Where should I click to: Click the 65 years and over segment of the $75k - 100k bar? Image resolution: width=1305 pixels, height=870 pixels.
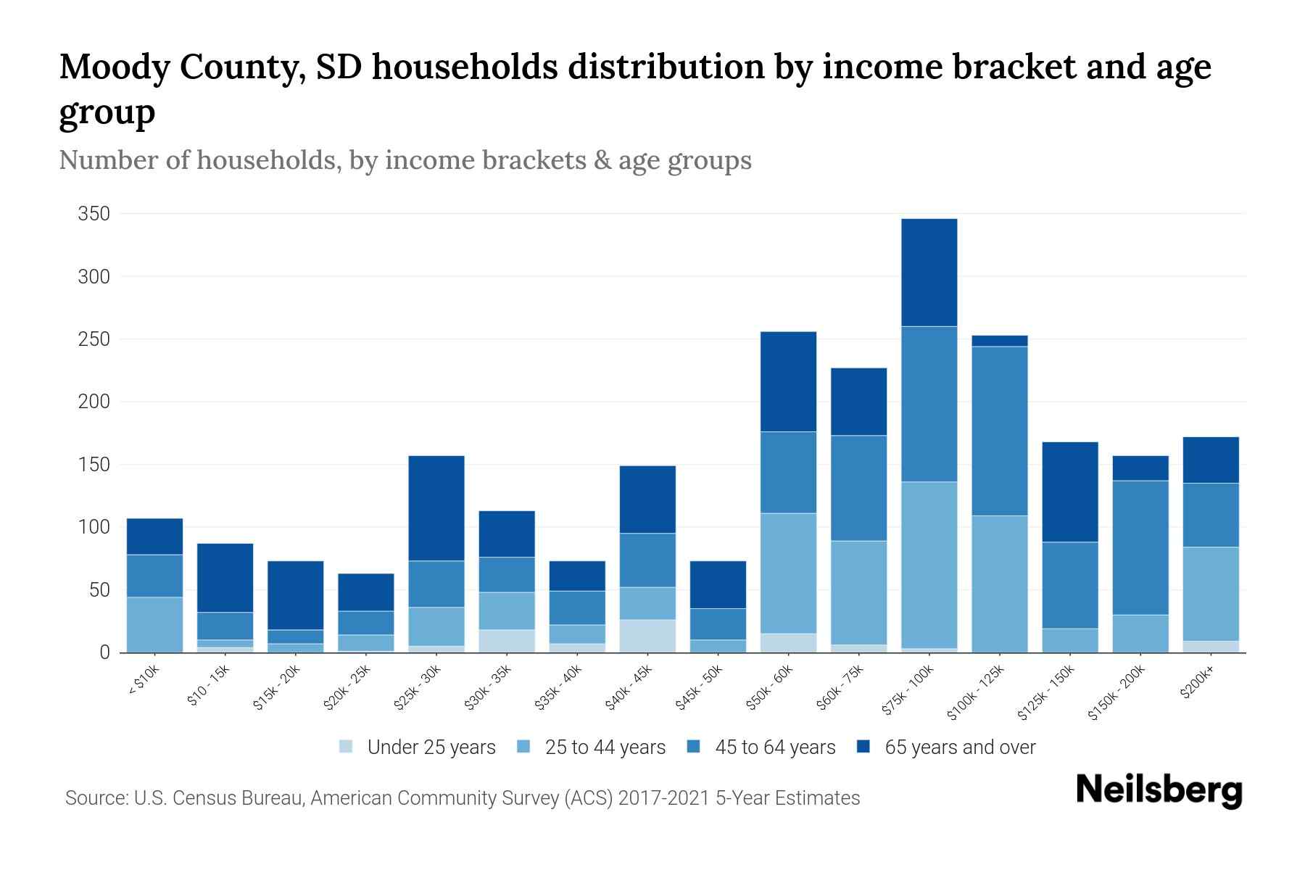tap(929, 273)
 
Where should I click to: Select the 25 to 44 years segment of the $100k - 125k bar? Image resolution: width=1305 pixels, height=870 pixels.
tap(999, 584)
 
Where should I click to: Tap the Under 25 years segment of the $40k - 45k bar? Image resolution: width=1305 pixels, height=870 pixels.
tap(647, 636)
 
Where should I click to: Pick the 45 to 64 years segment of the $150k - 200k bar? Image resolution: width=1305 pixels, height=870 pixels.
tap(1140, 547)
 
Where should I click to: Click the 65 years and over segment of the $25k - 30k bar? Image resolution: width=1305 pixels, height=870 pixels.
tap(436, 508)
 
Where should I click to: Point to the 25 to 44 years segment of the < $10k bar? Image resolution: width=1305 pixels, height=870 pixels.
tap(154, 624)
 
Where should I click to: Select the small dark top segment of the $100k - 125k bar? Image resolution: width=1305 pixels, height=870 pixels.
tap(999, 341)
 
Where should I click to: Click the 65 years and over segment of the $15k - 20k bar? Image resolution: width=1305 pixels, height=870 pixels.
tap(295, 595)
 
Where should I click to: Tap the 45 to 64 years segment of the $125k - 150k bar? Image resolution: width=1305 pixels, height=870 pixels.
tap(1069, 585)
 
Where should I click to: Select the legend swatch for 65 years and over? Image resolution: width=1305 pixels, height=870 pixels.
tap(863, 747)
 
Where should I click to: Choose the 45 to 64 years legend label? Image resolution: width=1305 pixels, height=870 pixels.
tap(775, 747)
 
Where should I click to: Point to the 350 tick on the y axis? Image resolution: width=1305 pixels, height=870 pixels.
tap(94, 214)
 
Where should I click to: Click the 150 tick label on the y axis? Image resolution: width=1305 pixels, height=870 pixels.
tap(94, 465)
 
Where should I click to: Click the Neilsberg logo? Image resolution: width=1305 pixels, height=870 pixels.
tap(1159, 791)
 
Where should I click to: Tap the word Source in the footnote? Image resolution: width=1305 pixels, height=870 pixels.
tap(95, 798)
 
